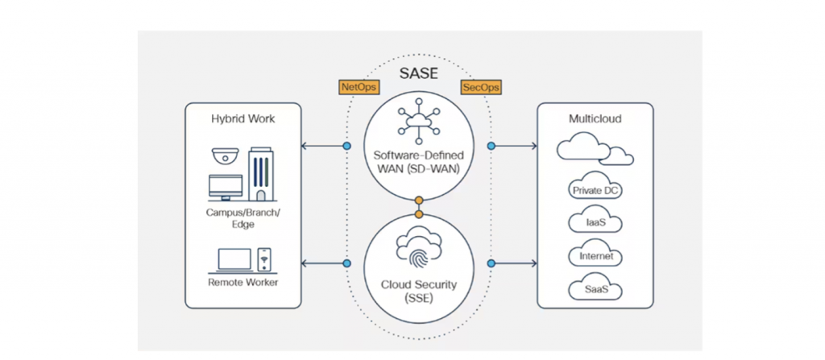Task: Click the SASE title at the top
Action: coord(418,74)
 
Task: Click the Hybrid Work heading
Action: coord(243,118)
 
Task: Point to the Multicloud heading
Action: coord(595,119)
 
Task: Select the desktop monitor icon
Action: coord(226,188)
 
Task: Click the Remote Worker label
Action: coord(243,283)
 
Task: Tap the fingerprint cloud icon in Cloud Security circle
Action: coord(418,250)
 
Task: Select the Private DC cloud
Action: coord(595,190)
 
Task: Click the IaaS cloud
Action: coord(595,223)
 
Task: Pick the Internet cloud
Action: coord(595,256)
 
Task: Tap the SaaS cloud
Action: coord(595,289)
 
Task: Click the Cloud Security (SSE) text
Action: coord(418,292)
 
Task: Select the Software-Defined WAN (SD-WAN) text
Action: coord(418,161)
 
